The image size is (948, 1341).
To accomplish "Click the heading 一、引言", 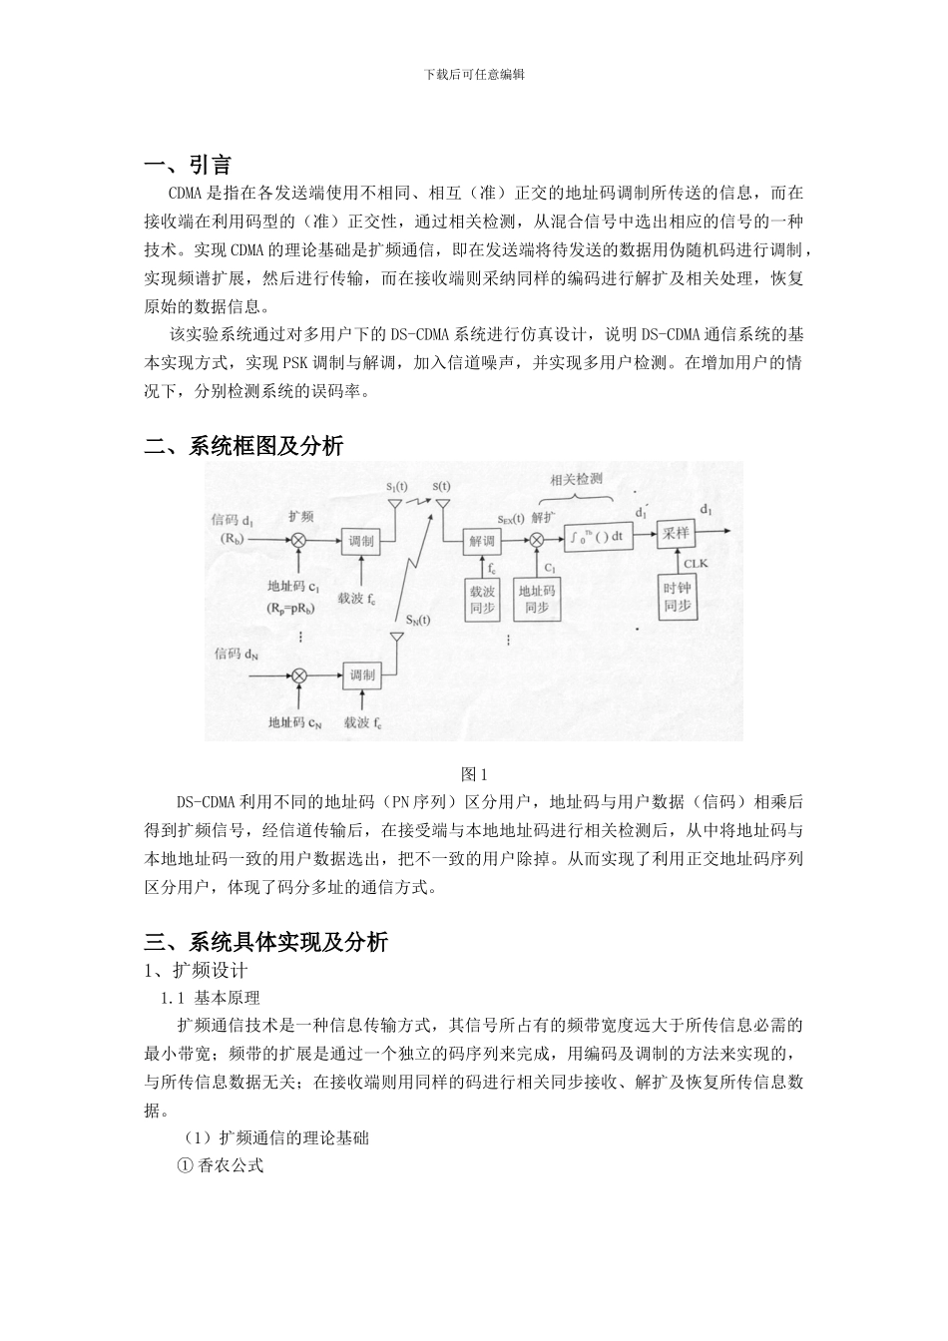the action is tap(189, 165).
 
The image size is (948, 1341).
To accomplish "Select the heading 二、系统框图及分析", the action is tap(244, 446).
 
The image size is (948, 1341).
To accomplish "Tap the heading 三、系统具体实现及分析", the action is tap(266, 941).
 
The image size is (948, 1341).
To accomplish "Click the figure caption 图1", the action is tap(474, 774).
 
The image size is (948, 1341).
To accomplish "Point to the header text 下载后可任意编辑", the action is tap(474, 74).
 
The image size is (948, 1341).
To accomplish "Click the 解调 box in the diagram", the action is tap(483, 541).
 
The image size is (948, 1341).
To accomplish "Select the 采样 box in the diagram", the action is tap(676, 534).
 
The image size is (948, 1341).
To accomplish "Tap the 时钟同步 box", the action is tap(678, 596).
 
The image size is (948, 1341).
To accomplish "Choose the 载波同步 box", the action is tap(483, 599).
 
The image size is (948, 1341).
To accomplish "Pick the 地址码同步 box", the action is tap(537, 599).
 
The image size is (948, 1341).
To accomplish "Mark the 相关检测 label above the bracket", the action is tap(576, 479).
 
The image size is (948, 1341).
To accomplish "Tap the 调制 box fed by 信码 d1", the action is tap(360, 541).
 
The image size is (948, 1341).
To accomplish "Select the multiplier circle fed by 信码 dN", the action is tap(297, 675).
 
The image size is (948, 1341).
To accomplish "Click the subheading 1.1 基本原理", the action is tap(211, 997).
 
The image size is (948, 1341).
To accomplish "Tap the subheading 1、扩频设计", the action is tap(197, 970).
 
